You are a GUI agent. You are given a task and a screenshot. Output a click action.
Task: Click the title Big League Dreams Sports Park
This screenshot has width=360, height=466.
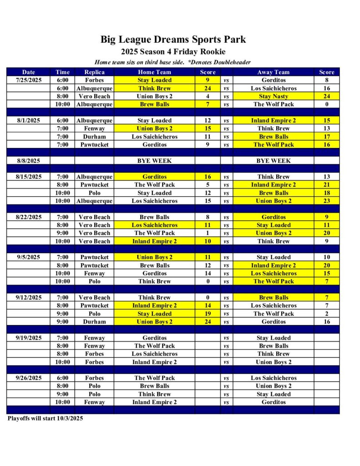(x=173, y=39)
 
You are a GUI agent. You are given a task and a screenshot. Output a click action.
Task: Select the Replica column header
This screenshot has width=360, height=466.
(x=94, y=72)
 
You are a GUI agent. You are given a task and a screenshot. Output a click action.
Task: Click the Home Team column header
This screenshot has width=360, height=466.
(x=154, y=72)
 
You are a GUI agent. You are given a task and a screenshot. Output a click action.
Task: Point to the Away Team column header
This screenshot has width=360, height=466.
(x=273, y=72)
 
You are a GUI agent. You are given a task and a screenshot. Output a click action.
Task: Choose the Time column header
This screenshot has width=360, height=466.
(x=62, y=72)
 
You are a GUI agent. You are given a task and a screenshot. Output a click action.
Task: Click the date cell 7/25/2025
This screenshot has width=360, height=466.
(x=28, y=80)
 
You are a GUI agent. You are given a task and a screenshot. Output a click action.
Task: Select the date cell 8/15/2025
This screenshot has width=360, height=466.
(x=28, y=177)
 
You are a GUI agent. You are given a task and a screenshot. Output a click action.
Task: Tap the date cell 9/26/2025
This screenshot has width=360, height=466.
(x=28, y=378)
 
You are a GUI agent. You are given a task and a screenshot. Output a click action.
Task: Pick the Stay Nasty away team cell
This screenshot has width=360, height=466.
(x=273, y=96)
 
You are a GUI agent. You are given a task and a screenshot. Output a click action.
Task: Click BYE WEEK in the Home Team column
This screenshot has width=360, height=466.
(x=154, y=161)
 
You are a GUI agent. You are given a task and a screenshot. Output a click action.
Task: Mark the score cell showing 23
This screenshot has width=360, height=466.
(x=326, y=201)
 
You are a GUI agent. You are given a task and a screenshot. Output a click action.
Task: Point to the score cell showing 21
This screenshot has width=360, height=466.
(x=326, y=185)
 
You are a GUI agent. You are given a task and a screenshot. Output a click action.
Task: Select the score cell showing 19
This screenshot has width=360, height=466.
(x=208, y=314)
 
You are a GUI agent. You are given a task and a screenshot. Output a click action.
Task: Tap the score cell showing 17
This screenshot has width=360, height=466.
(x=326, y=137)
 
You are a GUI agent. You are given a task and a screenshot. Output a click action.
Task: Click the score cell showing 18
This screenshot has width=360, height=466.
(x=326, y=193)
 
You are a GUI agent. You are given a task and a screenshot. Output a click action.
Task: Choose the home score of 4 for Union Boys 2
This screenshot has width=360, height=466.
(x=208, y=96)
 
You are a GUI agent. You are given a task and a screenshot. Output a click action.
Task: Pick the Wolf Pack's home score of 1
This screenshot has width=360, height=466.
(x=208, y=233)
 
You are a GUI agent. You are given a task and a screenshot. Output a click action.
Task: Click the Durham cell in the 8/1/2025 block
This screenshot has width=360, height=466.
(x=94, y=137)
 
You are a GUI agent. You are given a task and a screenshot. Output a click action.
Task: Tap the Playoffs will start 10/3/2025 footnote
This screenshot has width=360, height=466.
(x=45, y=418)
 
